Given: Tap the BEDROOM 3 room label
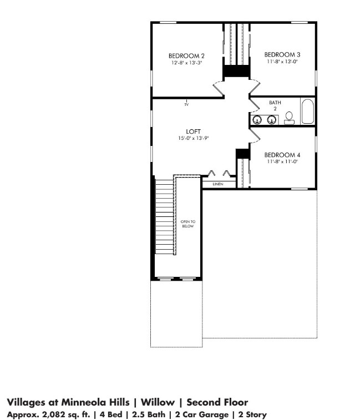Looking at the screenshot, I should pos(282,54).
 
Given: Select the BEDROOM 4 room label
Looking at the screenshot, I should pos(282,155).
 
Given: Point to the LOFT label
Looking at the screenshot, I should pos(186,131).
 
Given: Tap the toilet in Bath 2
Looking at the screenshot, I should pos(289,117).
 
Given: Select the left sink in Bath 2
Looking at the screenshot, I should pos(257,119).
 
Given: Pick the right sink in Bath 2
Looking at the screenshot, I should pos(272,119).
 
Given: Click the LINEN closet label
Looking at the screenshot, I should pos(217,184).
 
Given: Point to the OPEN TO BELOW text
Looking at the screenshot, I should pos(188,224).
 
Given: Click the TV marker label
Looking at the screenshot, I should pos(187,104).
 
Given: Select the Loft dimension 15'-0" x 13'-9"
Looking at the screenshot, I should pos(186,138).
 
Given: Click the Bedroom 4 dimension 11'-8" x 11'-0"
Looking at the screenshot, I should pos(282,161).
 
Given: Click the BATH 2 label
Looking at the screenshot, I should pos(275,105).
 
